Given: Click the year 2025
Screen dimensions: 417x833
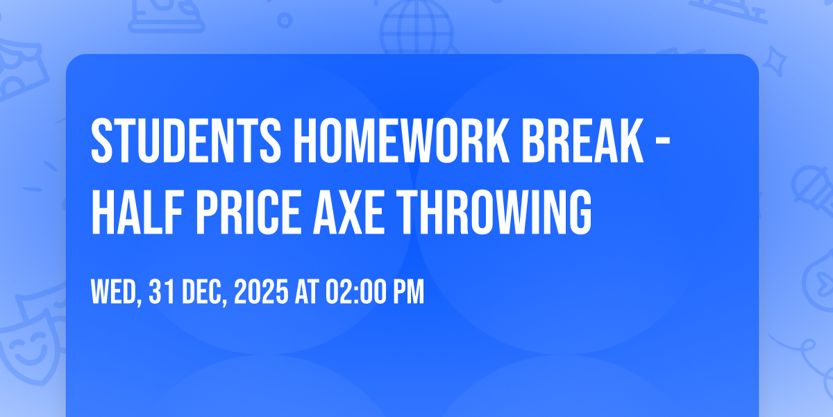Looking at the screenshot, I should [260, 293].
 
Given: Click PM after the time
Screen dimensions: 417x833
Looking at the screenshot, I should [407, 293].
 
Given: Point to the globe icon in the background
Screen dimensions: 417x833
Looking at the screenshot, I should [414, 24].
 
